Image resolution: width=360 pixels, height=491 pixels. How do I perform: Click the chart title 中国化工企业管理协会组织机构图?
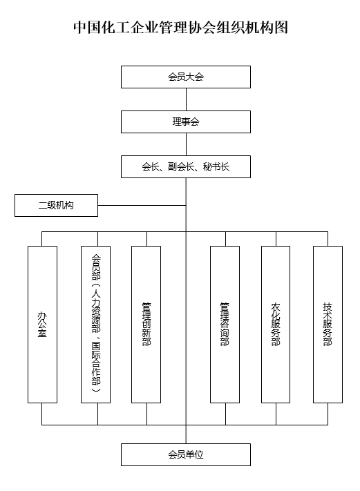tap(180, 28)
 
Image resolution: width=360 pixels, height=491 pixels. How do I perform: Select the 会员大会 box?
tap(185, 77)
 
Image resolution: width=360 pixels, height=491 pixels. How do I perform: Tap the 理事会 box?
tap(185, 122)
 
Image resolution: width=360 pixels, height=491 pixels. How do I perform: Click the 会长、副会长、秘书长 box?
tap(185, 166)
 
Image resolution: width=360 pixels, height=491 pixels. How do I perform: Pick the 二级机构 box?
tap(56, 205)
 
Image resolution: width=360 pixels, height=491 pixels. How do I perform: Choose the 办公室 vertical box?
tap(42, 324)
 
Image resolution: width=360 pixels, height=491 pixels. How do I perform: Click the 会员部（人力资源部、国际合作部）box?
tap(96, 324)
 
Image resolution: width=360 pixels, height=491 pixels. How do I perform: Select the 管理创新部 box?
tap(146, 324)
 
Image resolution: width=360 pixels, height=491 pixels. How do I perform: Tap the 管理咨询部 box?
tap(225, 324)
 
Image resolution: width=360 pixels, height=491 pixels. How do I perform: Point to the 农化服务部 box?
tap(276, 324)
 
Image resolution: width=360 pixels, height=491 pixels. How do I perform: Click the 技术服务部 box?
tap(328, 324)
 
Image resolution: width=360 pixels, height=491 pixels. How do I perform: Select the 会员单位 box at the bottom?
tap(185, 454)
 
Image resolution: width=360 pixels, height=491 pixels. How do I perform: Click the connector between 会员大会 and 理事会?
tap(185, 99)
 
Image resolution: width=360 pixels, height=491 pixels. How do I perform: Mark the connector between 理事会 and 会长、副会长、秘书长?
tap(185, 144)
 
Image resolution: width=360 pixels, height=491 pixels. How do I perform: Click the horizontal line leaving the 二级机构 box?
tap(142, 205)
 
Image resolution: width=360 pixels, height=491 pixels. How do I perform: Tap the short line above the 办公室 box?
tap(42, 239)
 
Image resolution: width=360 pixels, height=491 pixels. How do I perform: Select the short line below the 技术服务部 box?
tap(328, 414)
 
